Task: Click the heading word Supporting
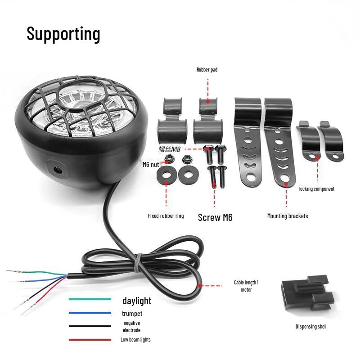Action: pyautogui.click(x=63, y=34)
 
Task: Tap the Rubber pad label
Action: pyautogui.click(x=207, y=70)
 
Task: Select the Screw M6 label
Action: pyautogui.click(x=215, y=217)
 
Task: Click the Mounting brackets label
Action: pyautogui.click(x=288, y=216)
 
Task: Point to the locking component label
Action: pyautogui.click(x=317, y=189)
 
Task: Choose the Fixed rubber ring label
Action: pyautogui.click(x=166, y=216)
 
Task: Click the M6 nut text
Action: pyautogui.click(x=151, y=165)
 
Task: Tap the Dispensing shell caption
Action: pyautogui.click(x=311, y=327)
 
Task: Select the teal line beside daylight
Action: pyautogui.click(x=90, y=299)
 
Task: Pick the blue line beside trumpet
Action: pyautogui.click(x=90, y=313)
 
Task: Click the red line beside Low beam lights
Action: pyautogui.click(x=90, y=340)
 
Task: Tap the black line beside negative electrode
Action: pyautogui.click(x=90, y=326)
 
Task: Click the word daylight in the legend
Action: pyautogui.click(x=137, y=301)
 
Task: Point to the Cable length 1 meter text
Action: pyautogui.click(x=246, y=286)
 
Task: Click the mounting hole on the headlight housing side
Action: pyautogui.click(x=58, y=171)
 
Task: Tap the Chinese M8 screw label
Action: pyautogui.click(x=170, y=149)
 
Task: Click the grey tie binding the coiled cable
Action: pyautogui.click(x=138, y=263)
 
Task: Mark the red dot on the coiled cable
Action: pyautogui.click(x=200, y=286)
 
